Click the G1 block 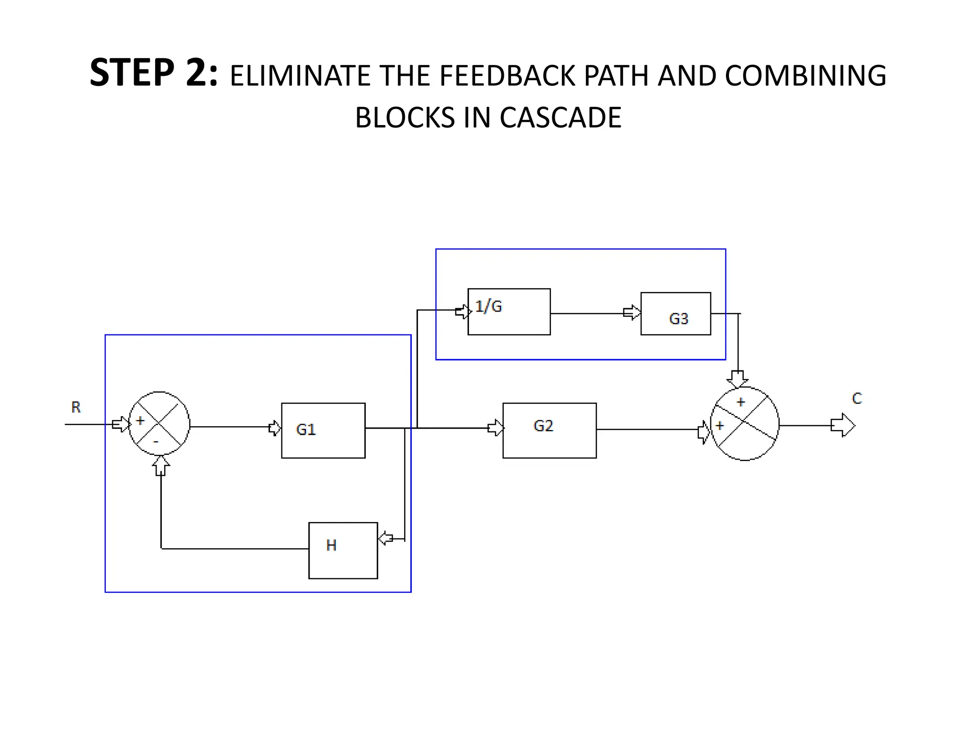(323, 430)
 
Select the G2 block (549, 430)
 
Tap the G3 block (676, 314)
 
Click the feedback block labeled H (343, 550)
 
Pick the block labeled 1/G (509, 312)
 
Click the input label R (76, 407)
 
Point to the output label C (857, 398)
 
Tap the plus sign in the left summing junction (140, 421)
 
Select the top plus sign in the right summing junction (740, 402)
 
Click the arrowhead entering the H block (385, 539)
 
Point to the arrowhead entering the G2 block (496, 428)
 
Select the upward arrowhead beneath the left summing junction (161, 465)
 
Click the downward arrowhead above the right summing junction (738, 379)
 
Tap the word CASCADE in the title (561, 117)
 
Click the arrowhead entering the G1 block (275, 428)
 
